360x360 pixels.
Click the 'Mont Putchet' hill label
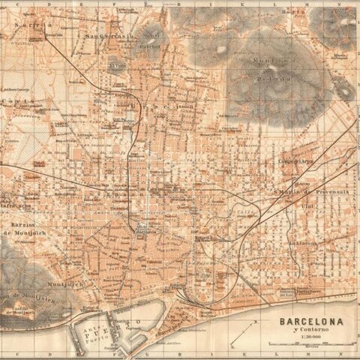pyautogui.click(x=150, y=38)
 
